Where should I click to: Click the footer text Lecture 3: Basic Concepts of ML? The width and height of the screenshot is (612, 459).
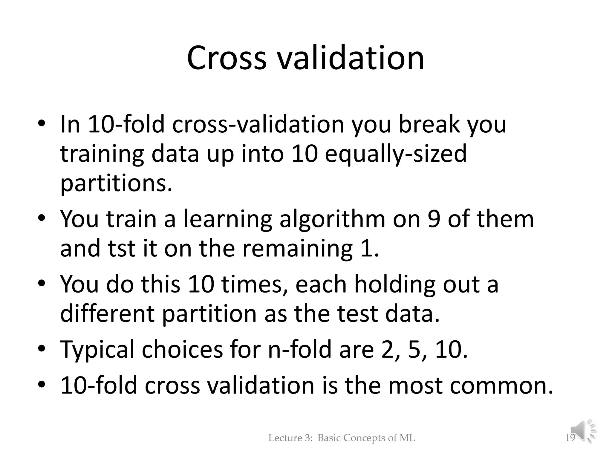pyautogui.click(x=342, y=438)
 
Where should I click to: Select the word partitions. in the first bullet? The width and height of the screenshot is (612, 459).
pyautogui.click(x=116, y=183)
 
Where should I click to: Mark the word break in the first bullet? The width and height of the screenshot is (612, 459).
pyautogui.click(x=429, y=124)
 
